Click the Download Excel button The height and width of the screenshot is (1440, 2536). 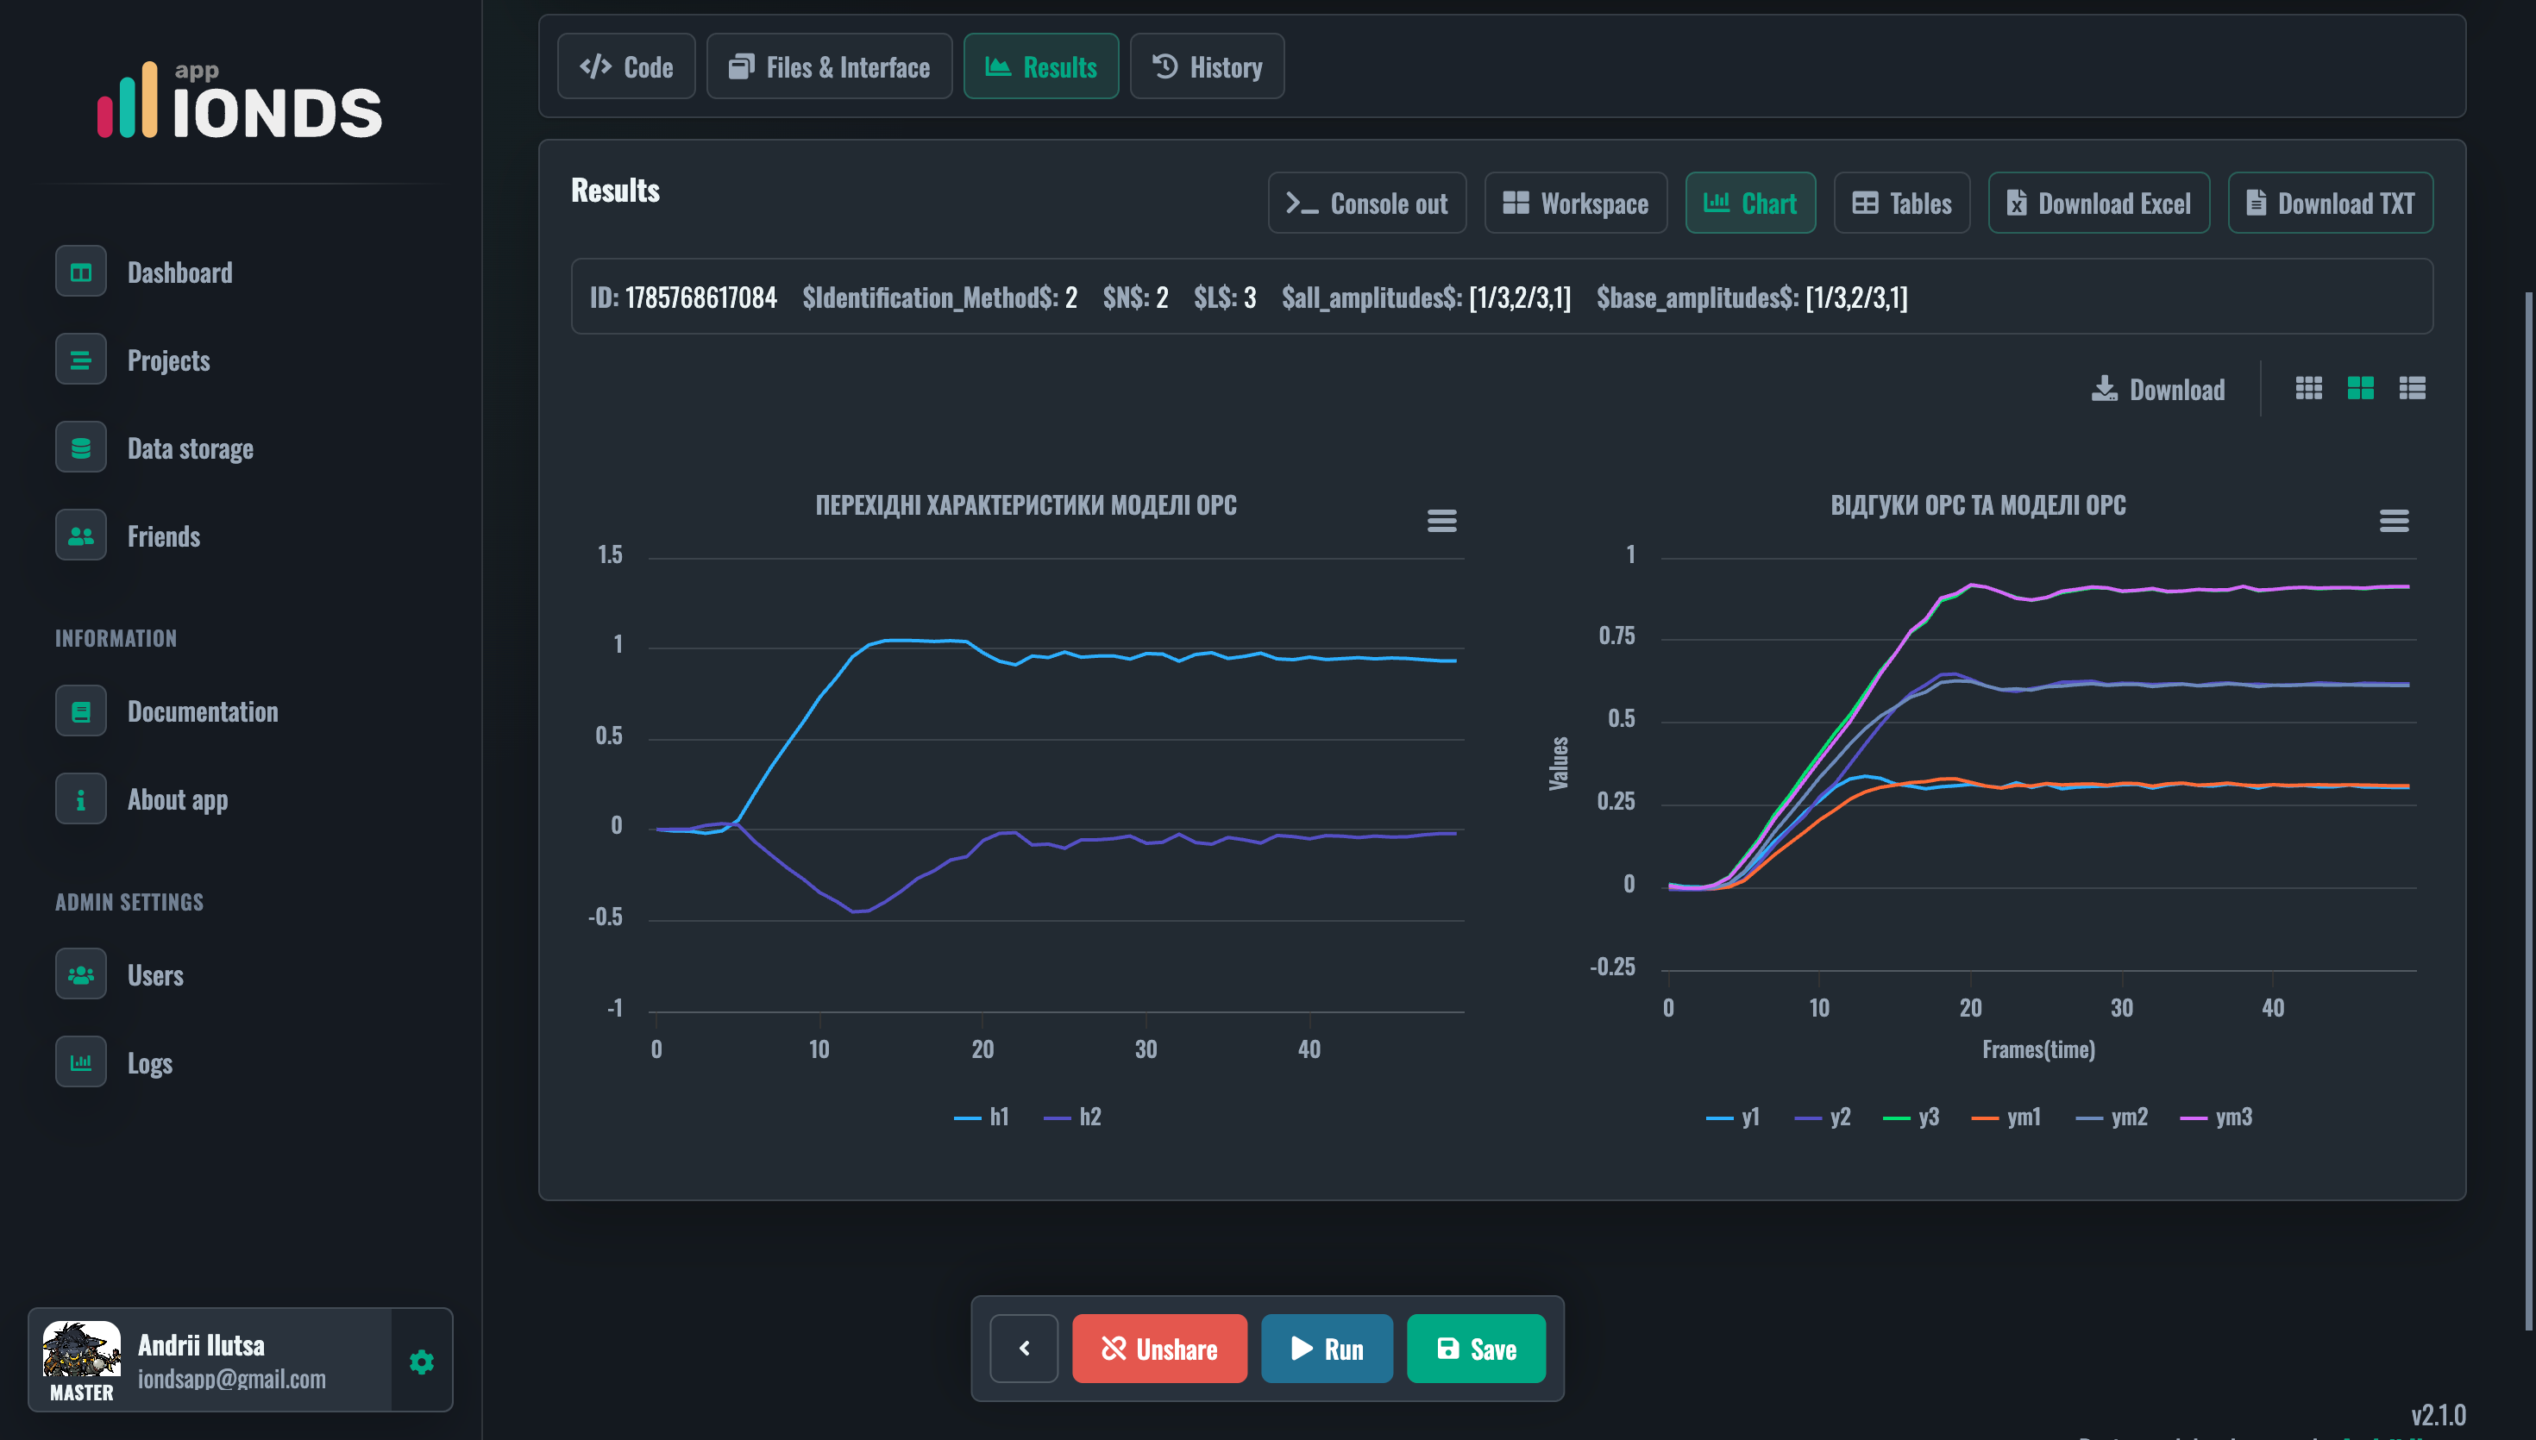[x=2098, y=203]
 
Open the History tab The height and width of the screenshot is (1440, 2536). [x=1207, y=66]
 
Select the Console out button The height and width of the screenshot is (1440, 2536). [x=1367, y=203]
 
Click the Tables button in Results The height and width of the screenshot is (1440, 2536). [x=1901, y=203]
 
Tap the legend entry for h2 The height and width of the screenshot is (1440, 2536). [x=1072, y=1117]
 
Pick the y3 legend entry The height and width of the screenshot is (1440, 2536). [x=1911, y=1117]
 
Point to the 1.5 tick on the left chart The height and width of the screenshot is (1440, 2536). [x=610, y=554]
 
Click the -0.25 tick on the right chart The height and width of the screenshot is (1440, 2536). [x=1612, y=967]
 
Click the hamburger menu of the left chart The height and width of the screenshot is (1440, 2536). [x=1441, y=520]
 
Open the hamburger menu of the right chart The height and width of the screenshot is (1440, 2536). [x=2394, y=520]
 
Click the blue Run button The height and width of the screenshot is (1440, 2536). [x=1327, y=1348]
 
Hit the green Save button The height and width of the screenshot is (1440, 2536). [x=1476, y=1348]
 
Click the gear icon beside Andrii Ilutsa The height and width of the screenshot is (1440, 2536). [x=421, y=1362]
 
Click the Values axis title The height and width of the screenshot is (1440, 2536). [x=1558, y=763]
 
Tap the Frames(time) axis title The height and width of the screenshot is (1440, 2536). [x=2038, y=1049]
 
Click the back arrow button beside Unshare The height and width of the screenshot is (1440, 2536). [x=1024, y=1348]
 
